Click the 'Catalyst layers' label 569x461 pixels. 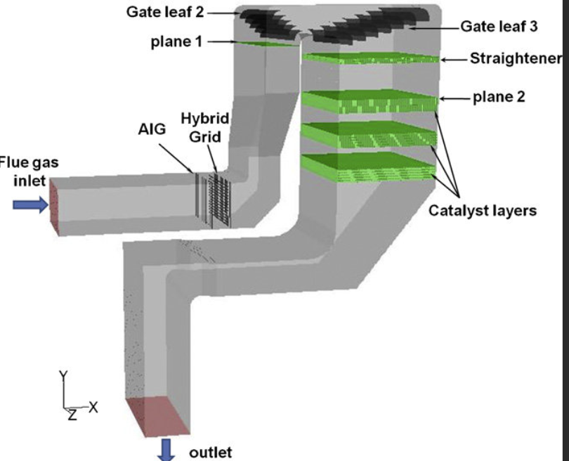(x=483, y=210)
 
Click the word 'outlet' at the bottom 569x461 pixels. (x=210, y=452)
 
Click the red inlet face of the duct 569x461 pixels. (x=54, y=205)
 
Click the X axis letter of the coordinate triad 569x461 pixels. (x=93, y=406)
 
